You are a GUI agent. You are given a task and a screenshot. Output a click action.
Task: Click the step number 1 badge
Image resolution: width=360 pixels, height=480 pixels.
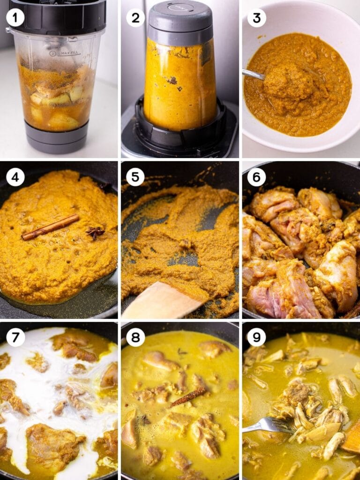tap(15, 18)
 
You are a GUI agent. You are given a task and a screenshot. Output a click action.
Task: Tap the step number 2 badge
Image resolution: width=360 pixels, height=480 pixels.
tap(135, 18)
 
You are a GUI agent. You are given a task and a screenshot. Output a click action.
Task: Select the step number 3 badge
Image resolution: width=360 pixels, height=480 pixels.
tap(256, 18)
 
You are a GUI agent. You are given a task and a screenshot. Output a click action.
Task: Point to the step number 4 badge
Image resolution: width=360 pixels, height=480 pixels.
tap(15, 178)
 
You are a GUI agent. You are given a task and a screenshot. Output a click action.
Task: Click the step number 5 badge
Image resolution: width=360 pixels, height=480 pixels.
tap(135, 178)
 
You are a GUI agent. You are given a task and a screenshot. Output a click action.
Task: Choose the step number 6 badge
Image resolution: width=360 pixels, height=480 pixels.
tap(256, 178)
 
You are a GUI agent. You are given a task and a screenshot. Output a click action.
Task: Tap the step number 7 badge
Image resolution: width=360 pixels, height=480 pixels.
tap(15, 337)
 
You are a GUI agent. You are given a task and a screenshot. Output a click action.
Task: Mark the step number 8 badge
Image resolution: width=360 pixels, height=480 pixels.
tap(135, 337)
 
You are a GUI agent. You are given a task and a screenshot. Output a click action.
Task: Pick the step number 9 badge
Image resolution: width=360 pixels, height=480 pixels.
tap(256, 337)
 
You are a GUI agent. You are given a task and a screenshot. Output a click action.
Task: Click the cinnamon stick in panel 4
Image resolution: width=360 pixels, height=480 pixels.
tap(51, 227)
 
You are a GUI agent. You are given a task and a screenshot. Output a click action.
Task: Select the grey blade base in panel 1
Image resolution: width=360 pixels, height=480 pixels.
tap(56, 137)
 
